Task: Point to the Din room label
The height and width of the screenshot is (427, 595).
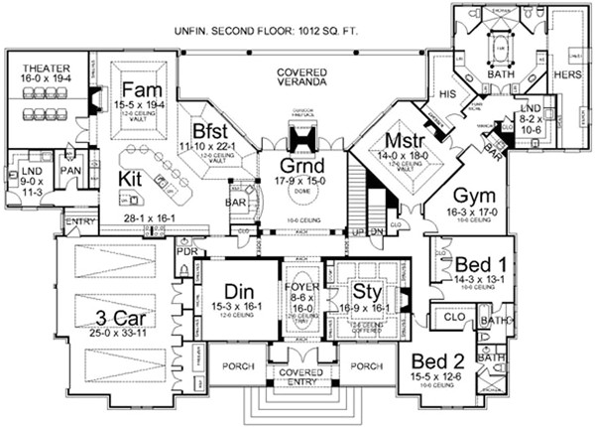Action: (239, 290)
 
